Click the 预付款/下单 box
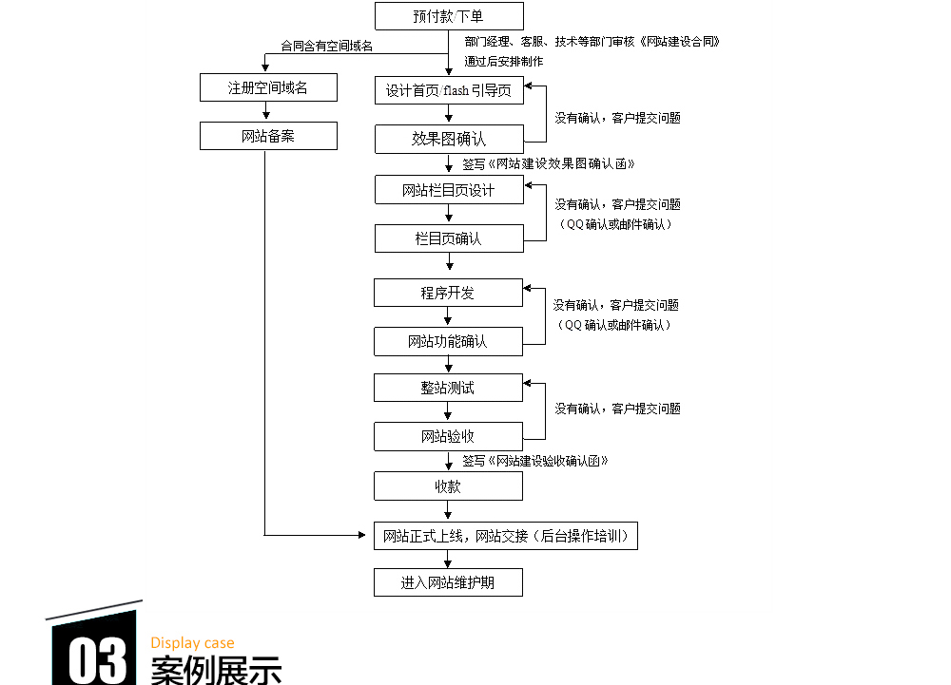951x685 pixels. pos(449,16)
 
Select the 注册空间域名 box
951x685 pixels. pos(268,88)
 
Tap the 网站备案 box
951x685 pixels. pos(268,136)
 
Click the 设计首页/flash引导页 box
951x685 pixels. pos(449,91)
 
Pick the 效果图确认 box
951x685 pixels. pos(449,139)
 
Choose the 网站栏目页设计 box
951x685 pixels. pos(449,190)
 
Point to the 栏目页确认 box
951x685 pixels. pos(449,238)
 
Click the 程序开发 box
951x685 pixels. pos(448,293)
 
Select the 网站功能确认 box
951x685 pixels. pos(448,341)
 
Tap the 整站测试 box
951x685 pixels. pos(448,388)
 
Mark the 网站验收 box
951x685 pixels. pos(448,437)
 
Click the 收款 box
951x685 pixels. pos(448,486)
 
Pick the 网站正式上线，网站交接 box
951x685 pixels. pos(505,536)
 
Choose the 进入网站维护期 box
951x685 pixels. pos(448,582)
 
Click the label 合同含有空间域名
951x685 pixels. pos(326,46)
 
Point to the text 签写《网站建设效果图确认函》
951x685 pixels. pos(549,163)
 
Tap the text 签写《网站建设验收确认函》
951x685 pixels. pos(535,461)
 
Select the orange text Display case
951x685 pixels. pos(192,643)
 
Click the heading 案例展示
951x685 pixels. pos(216,670)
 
